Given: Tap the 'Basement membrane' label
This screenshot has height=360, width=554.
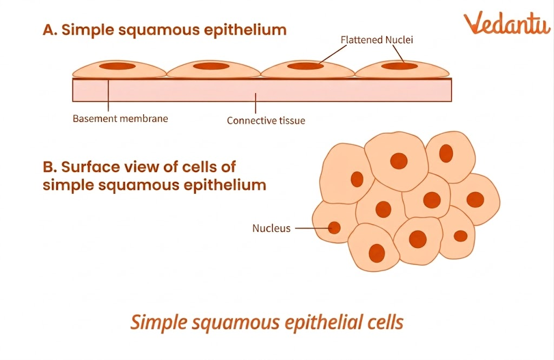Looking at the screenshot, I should click(x=120, y=119).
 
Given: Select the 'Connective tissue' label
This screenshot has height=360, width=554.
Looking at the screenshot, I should click(x=266, y=121).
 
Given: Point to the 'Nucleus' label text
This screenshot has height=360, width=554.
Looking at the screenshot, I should click(x=271, y=228).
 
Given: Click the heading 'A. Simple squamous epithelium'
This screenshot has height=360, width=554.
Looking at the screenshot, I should click(x=164, y=30).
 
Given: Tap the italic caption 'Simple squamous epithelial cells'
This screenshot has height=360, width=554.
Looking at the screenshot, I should click(x=267, y=323).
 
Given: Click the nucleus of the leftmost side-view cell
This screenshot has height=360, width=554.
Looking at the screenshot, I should click(x=116, y=66).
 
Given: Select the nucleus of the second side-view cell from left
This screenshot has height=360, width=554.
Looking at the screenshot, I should click(x=212, y=66).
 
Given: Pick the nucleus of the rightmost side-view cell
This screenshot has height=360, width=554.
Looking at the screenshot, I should click(x=400, y=67).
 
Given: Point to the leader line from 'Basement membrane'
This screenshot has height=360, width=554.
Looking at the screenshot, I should click(x=109, y=97).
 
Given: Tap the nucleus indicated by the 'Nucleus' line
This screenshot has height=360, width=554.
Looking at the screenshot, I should click(x=335, y=228).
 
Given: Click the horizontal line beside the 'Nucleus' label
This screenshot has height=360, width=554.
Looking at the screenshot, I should click(x=311, y=228).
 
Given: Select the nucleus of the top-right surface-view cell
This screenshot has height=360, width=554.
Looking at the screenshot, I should click(x=446, y=153).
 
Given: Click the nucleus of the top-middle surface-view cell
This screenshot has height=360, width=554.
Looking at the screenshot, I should click(x=399, y=161).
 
